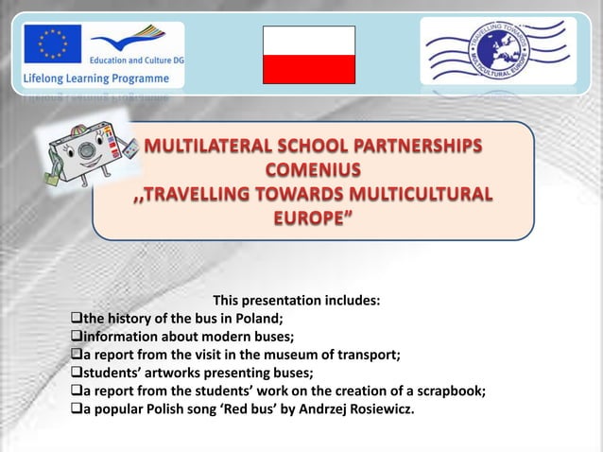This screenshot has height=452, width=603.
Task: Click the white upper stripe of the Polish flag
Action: point(308,42)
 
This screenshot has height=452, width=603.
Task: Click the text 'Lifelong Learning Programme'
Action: point(91,77)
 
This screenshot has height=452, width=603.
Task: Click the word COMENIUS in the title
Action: point(311,171)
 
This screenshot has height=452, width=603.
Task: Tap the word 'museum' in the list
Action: point(284,355)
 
